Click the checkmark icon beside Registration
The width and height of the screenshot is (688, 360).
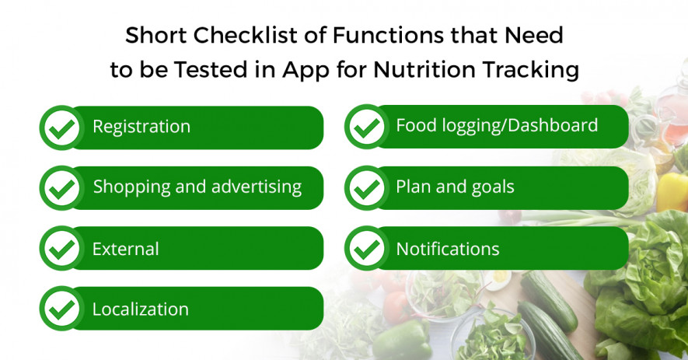(62, 128)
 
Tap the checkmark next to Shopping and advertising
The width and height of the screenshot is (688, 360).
(62, 188)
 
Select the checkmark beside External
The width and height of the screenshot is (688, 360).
(62, 248)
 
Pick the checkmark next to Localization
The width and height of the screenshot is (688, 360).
(62, 309)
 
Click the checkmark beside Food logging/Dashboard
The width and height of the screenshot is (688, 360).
(367, 127)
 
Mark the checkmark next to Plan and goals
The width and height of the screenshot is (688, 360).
(367, 188)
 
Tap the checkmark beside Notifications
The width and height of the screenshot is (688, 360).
(367, 248)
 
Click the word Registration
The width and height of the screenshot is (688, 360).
(141, 127)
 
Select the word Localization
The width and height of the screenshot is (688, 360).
(141, 309)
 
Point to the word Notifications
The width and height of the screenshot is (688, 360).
(448, 249)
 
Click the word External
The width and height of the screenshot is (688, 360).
(125, 249)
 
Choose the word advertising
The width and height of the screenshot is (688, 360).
(257, 187)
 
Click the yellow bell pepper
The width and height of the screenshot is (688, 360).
(672, 192)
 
